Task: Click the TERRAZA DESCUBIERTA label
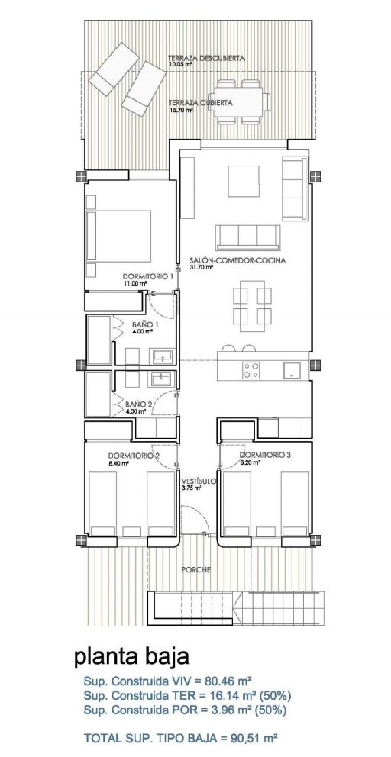[x=206, y=58]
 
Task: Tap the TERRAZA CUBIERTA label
[x=200, y=103]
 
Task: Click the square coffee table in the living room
[x=244, y=181]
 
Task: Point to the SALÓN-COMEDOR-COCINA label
[x=237, y=260]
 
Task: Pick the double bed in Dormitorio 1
[x=119, y=236]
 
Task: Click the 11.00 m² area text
[x=135, y=284]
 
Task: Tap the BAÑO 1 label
[x=145, y=325]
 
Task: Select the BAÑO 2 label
[x=138, y=404]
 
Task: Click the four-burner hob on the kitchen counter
[x=251, y=370]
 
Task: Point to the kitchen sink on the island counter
[x=292, y=370]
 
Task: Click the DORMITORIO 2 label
[x=134, y=456]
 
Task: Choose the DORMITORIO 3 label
[x=265, y=455]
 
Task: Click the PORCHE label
[x=196, y=569]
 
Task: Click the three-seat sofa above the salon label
[x=248, y=238]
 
